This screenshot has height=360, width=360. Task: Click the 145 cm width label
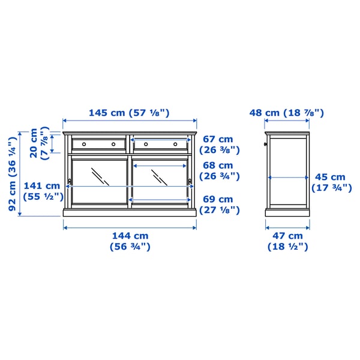pyautogui.click(x=129, y=113)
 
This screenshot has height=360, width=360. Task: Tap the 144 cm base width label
pyautogui.click(x=130, y=241)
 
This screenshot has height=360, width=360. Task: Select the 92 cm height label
pyautogui.click(x=13, y=174)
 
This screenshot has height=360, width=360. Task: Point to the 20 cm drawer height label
pyautogui.click(x=39, y=143)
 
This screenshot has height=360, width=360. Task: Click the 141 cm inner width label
pyautogui.click(x=43, y=191)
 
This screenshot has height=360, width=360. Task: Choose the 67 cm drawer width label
pyautogui.click(x=219, y=145)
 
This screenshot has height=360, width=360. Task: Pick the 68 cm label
pyautogui.click(x=219, y=171)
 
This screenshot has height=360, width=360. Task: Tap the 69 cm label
pyautogui.click(x=219, y=205)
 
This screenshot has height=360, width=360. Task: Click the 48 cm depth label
pyautogui.click(x=287, y=113)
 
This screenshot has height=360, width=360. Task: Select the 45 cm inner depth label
pyautogui.click(x=332, y=182)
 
